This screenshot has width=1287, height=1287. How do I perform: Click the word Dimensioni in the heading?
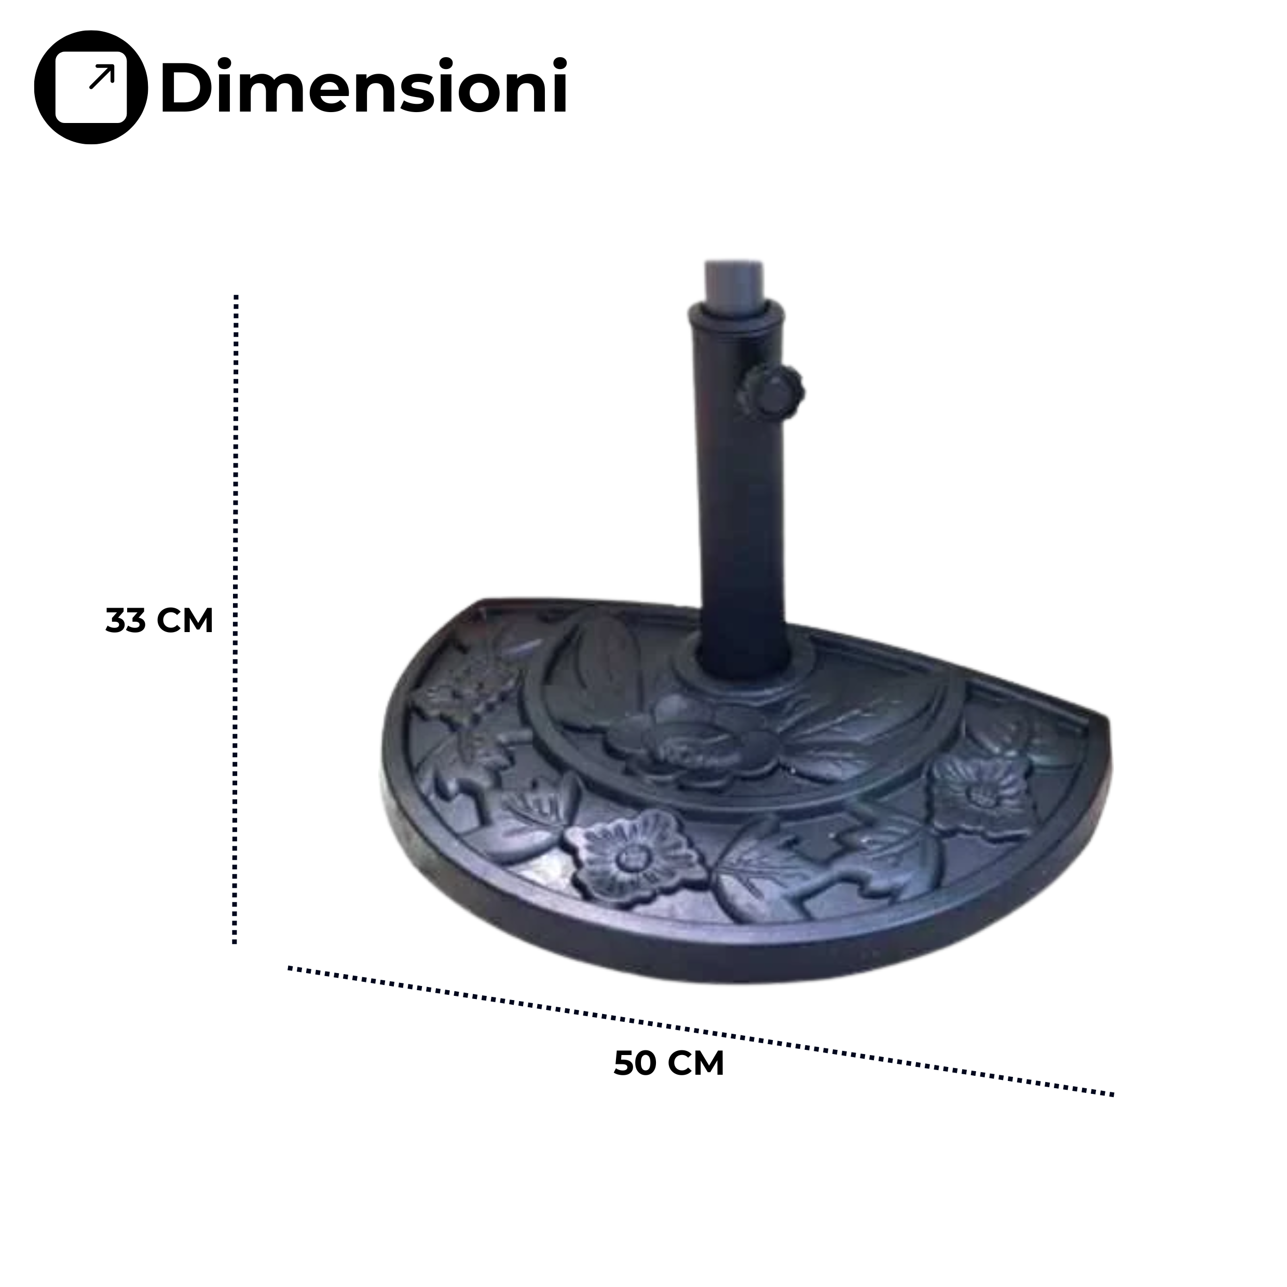pos(364,87)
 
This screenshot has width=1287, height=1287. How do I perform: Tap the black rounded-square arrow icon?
pos(91,87)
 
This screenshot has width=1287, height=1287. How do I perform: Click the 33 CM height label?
pos(159,621)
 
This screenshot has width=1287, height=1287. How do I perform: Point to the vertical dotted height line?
pos(235,619)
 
